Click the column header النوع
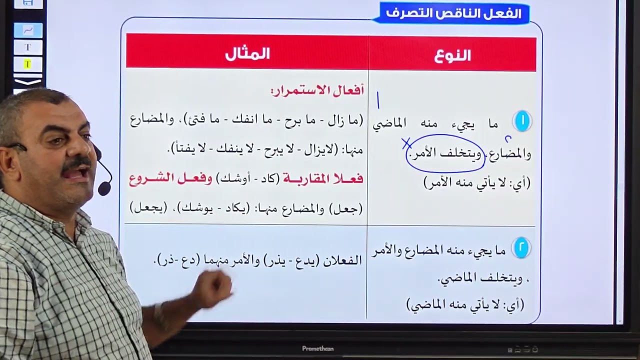click(452, 55)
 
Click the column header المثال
click(247, 54)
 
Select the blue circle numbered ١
click(522, 121)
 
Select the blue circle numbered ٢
click(521, 248)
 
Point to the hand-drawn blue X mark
click(406, 144)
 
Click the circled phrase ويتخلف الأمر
click(444, 153)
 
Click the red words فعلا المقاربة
click(323, 179)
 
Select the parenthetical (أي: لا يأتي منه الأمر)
click(476, 183)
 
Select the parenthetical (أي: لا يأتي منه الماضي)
click(465, 304)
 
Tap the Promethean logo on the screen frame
click(317, 348)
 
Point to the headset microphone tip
click(104, 188)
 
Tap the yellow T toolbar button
click(27, 64)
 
